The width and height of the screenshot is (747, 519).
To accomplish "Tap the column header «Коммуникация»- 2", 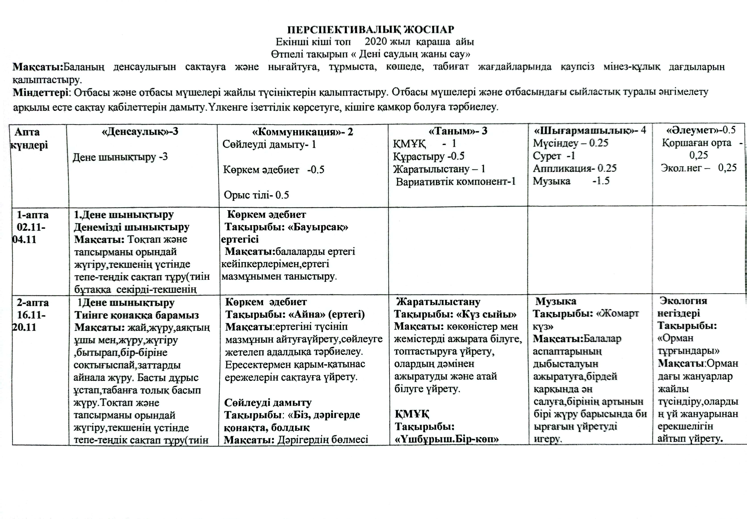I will [x=302, y=132].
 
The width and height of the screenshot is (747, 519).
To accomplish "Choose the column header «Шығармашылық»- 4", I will [x=590, y=131].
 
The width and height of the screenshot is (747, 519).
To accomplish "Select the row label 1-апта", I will [x=33, y=215].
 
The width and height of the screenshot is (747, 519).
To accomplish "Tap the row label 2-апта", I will [x=33, y=303].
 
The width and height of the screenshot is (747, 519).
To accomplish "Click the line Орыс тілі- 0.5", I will [x=256, y=195].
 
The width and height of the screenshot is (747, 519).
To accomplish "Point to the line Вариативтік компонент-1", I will [x=456, y=182].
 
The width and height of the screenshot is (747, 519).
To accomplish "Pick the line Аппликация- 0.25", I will [x=575, y=168].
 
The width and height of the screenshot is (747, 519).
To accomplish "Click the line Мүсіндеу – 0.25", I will [x=570, y=143].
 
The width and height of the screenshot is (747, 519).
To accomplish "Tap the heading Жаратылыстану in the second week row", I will [x=438, y=302].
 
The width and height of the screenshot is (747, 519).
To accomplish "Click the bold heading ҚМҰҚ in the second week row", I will [x=412, y=414].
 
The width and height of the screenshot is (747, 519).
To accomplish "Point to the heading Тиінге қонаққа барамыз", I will [x=136, y=315].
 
